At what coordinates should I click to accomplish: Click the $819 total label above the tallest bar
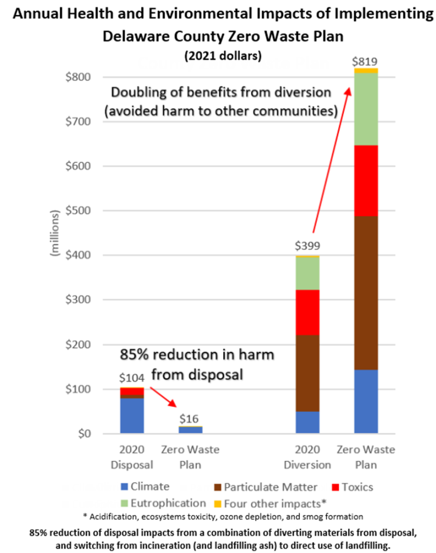pos(366,62)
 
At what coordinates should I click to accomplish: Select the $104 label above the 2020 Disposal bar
pos(132,379)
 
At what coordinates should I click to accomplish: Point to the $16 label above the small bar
pos(191,419)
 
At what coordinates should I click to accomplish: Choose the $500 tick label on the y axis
pos(89,211)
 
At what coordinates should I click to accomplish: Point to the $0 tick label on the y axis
pos(96,434)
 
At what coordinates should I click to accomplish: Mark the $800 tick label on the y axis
pos(89,77)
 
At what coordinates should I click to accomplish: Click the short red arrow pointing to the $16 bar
pos(163,396)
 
